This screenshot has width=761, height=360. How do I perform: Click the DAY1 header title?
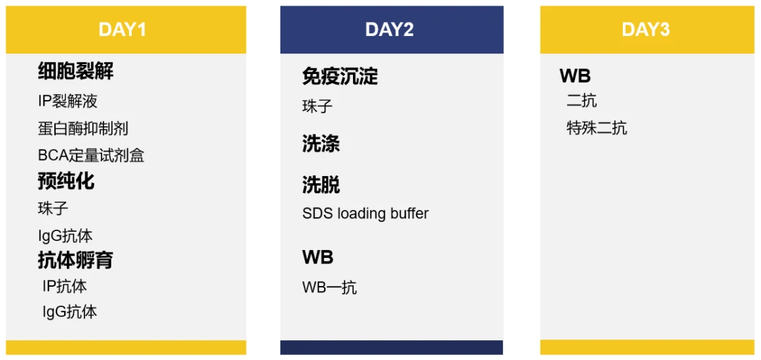(x=123, y=30)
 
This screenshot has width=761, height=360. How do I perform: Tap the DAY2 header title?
(x=389, y=30)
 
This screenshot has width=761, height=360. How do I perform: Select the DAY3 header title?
(x=645, y=30)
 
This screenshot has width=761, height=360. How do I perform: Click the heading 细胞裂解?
(x=75, y=72)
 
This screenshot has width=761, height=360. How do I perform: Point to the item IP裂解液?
(x=68, y=101)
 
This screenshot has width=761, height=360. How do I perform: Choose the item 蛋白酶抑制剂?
(x=83, y=128)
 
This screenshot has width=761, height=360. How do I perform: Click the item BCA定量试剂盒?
(x=91, y=155)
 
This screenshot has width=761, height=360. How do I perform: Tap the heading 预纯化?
(x=66, y=182)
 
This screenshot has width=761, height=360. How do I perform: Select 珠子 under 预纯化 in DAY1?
(x=53, y=209)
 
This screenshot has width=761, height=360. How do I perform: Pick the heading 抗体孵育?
(x=75, y=261)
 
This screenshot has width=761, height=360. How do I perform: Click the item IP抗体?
(x=65, y=286)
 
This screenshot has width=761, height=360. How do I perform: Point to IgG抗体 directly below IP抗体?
(x=70, y=311)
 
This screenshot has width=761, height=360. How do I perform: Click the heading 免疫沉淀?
(x=340, y=76)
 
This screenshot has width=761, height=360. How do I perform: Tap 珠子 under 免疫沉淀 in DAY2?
(x=317, y=106)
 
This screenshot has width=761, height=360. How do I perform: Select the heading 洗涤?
(x=321, y=144)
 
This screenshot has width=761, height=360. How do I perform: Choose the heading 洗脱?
(x=321, y=185)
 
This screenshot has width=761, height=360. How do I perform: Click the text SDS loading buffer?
(x=366, y=213)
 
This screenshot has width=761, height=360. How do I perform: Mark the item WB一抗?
(x=330, y=287)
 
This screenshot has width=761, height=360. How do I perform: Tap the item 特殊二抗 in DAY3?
(x=597, y=128)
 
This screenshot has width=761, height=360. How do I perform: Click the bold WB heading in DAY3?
(x=575, y=76)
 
